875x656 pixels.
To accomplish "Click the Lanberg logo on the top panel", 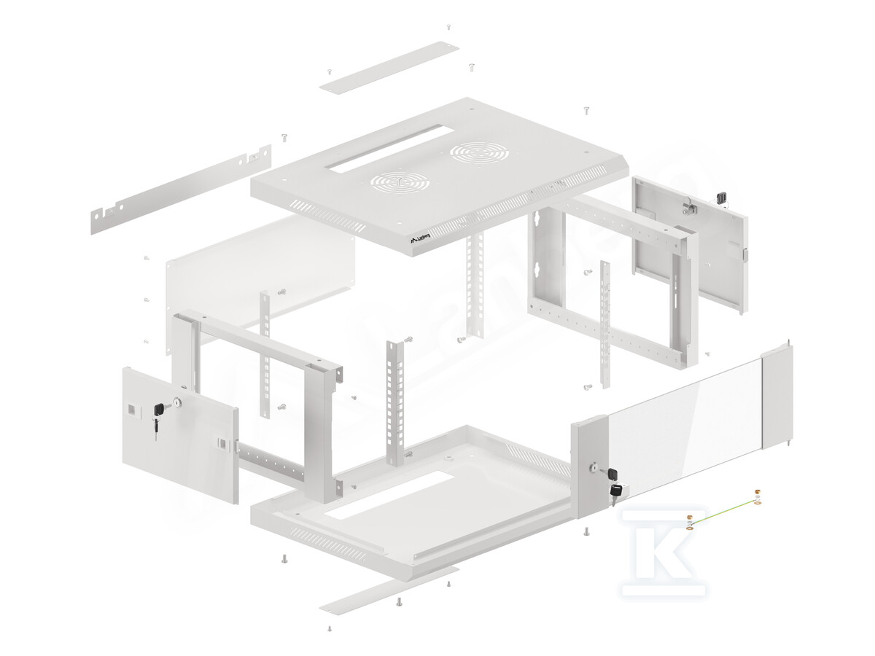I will [419, 238].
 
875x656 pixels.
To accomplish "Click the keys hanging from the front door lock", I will [615, 493].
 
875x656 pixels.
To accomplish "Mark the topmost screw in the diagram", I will [448, 27].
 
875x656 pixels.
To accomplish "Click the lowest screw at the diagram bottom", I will [330, 628].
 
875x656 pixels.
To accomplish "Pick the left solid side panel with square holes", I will [179, 434].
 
